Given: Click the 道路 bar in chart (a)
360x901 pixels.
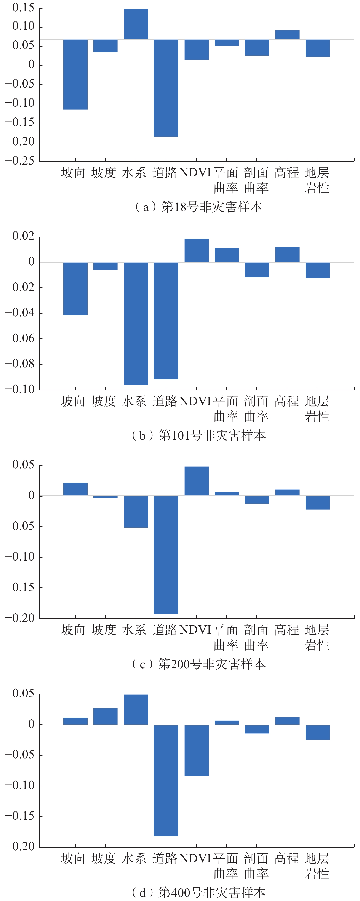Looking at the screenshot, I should pos(166,88).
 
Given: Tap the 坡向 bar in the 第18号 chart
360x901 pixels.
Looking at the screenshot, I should pos(75,74).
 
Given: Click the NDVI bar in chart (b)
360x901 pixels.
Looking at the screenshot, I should pos(197,250).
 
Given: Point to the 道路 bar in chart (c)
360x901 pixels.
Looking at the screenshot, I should pos(166,554).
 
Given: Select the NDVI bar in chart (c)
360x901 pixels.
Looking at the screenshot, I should pos(197,481).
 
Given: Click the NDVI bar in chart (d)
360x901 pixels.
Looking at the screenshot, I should pos(197,750).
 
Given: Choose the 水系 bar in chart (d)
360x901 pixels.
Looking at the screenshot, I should pos(136,709).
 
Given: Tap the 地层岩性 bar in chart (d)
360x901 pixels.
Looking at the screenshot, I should pos(317,732).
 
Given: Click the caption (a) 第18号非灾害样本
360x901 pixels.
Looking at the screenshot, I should pos(198,207).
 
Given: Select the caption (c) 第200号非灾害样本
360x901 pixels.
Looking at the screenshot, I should pos(198,664).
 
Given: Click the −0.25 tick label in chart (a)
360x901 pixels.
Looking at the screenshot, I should pos(20,161).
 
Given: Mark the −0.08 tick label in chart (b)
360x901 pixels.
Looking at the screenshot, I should pos(20,364).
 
